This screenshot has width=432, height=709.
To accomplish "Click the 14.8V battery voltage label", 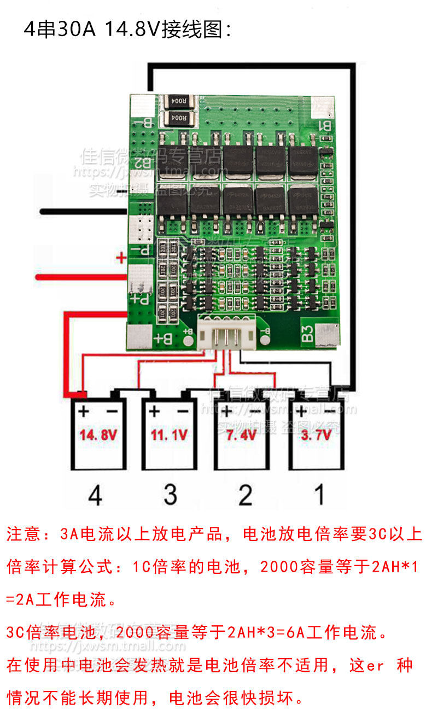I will point(98,436).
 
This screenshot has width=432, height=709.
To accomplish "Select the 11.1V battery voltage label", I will point(169,436).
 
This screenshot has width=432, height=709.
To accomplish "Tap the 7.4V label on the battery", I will point(242,436).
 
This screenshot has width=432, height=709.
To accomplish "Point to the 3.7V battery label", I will point(316,436).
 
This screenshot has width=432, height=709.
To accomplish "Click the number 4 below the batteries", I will point(95,496).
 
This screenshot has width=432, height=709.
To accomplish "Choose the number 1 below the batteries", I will point(319,495).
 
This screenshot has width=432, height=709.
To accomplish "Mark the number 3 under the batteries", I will point(170,496).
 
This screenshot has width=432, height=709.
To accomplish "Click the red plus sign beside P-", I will point(121,256).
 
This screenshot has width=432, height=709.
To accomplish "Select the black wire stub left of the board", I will point(82,211).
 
